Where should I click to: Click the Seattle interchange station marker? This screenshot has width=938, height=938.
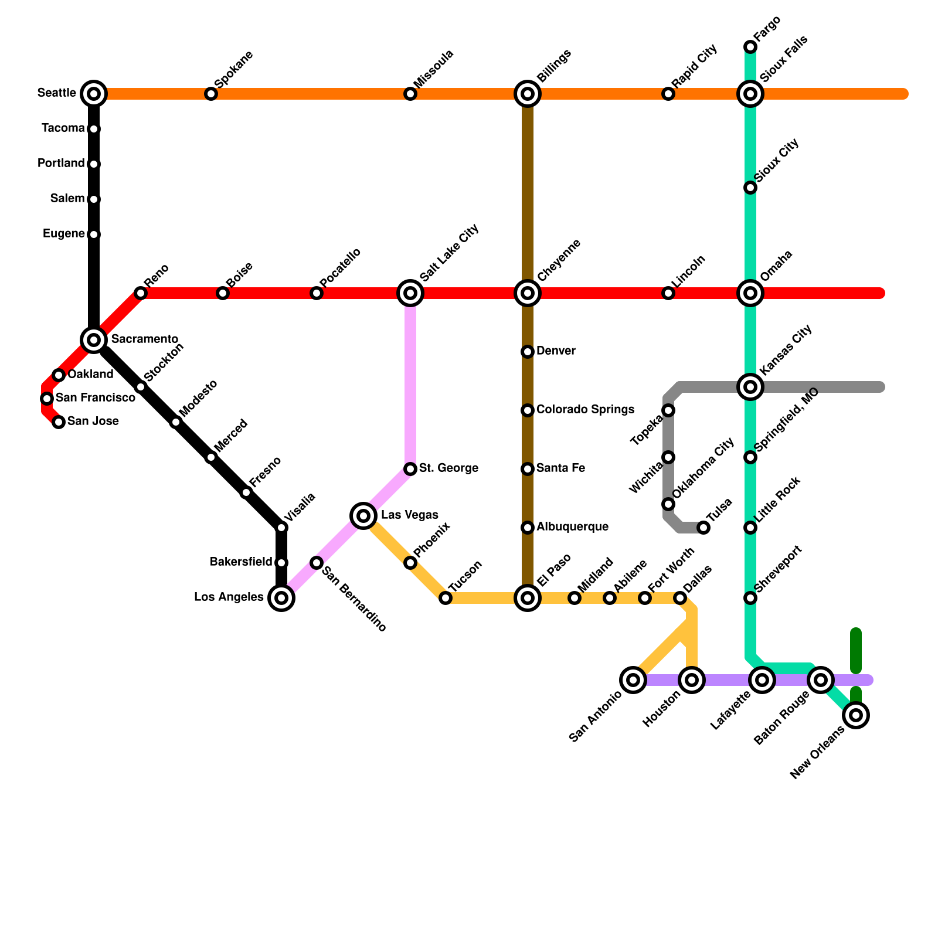(94, 93)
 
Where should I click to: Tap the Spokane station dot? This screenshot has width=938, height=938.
(211, 94)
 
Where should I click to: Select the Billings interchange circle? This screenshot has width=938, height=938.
(528, 93)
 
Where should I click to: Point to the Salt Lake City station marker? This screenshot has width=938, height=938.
(410, 293)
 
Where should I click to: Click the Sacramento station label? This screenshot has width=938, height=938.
(144, 339)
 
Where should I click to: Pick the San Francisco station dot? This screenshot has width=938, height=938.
(47, 399)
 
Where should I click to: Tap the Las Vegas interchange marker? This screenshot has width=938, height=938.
(363, 516)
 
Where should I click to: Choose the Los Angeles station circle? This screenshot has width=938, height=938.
(281, 598)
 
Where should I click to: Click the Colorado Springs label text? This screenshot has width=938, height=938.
(585, 409)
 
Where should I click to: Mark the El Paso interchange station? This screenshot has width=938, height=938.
(528, 598)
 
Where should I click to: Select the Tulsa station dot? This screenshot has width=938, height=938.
(704, 528)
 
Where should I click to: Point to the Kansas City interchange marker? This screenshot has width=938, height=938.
(750, 387)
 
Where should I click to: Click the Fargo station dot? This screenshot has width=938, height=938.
(750, 47)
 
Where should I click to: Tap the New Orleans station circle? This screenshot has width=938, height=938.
(856, 715)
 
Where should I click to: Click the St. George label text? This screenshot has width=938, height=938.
(448, 468)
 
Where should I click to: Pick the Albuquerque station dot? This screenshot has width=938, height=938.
(528, 528)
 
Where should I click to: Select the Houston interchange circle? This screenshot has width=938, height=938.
(692, 680)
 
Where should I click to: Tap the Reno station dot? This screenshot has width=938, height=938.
(141, 293)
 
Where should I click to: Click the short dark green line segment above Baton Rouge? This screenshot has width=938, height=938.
(856, 651)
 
